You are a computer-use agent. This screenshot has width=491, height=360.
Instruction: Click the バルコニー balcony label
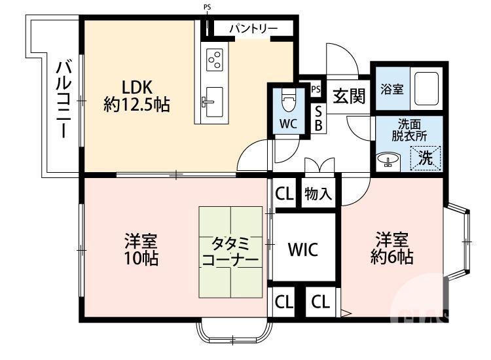[63, 98]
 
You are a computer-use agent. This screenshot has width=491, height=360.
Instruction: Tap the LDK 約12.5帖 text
[137, 95]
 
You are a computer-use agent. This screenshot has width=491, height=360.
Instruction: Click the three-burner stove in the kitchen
[215, 60]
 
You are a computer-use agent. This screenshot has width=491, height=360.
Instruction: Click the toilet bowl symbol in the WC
[288, 101]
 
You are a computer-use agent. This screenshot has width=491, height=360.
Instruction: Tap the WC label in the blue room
[288, 124]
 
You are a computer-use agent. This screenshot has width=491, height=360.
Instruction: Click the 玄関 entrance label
[348, 96]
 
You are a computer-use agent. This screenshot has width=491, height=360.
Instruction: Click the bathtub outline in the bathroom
[428, 87]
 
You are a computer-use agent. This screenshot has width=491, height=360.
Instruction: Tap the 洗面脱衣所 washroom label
[409, 131]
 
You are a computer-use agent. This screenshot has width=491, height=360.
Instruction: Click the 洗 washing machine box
[426, 158]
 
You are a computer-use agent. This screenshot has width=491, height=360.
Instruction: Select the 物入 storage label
[318, 194]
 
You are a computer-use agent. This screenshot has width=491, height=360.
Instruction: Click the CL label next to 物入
[283, 194]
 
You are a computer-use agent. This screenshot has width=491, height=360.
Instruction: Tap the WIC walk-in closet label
[303, 249]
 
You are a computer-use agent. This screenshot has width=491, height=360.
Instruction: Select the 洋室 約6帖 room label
[393, 248]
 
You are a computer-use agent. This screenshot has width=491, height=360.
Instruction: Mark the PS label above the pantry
[208, 8]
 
